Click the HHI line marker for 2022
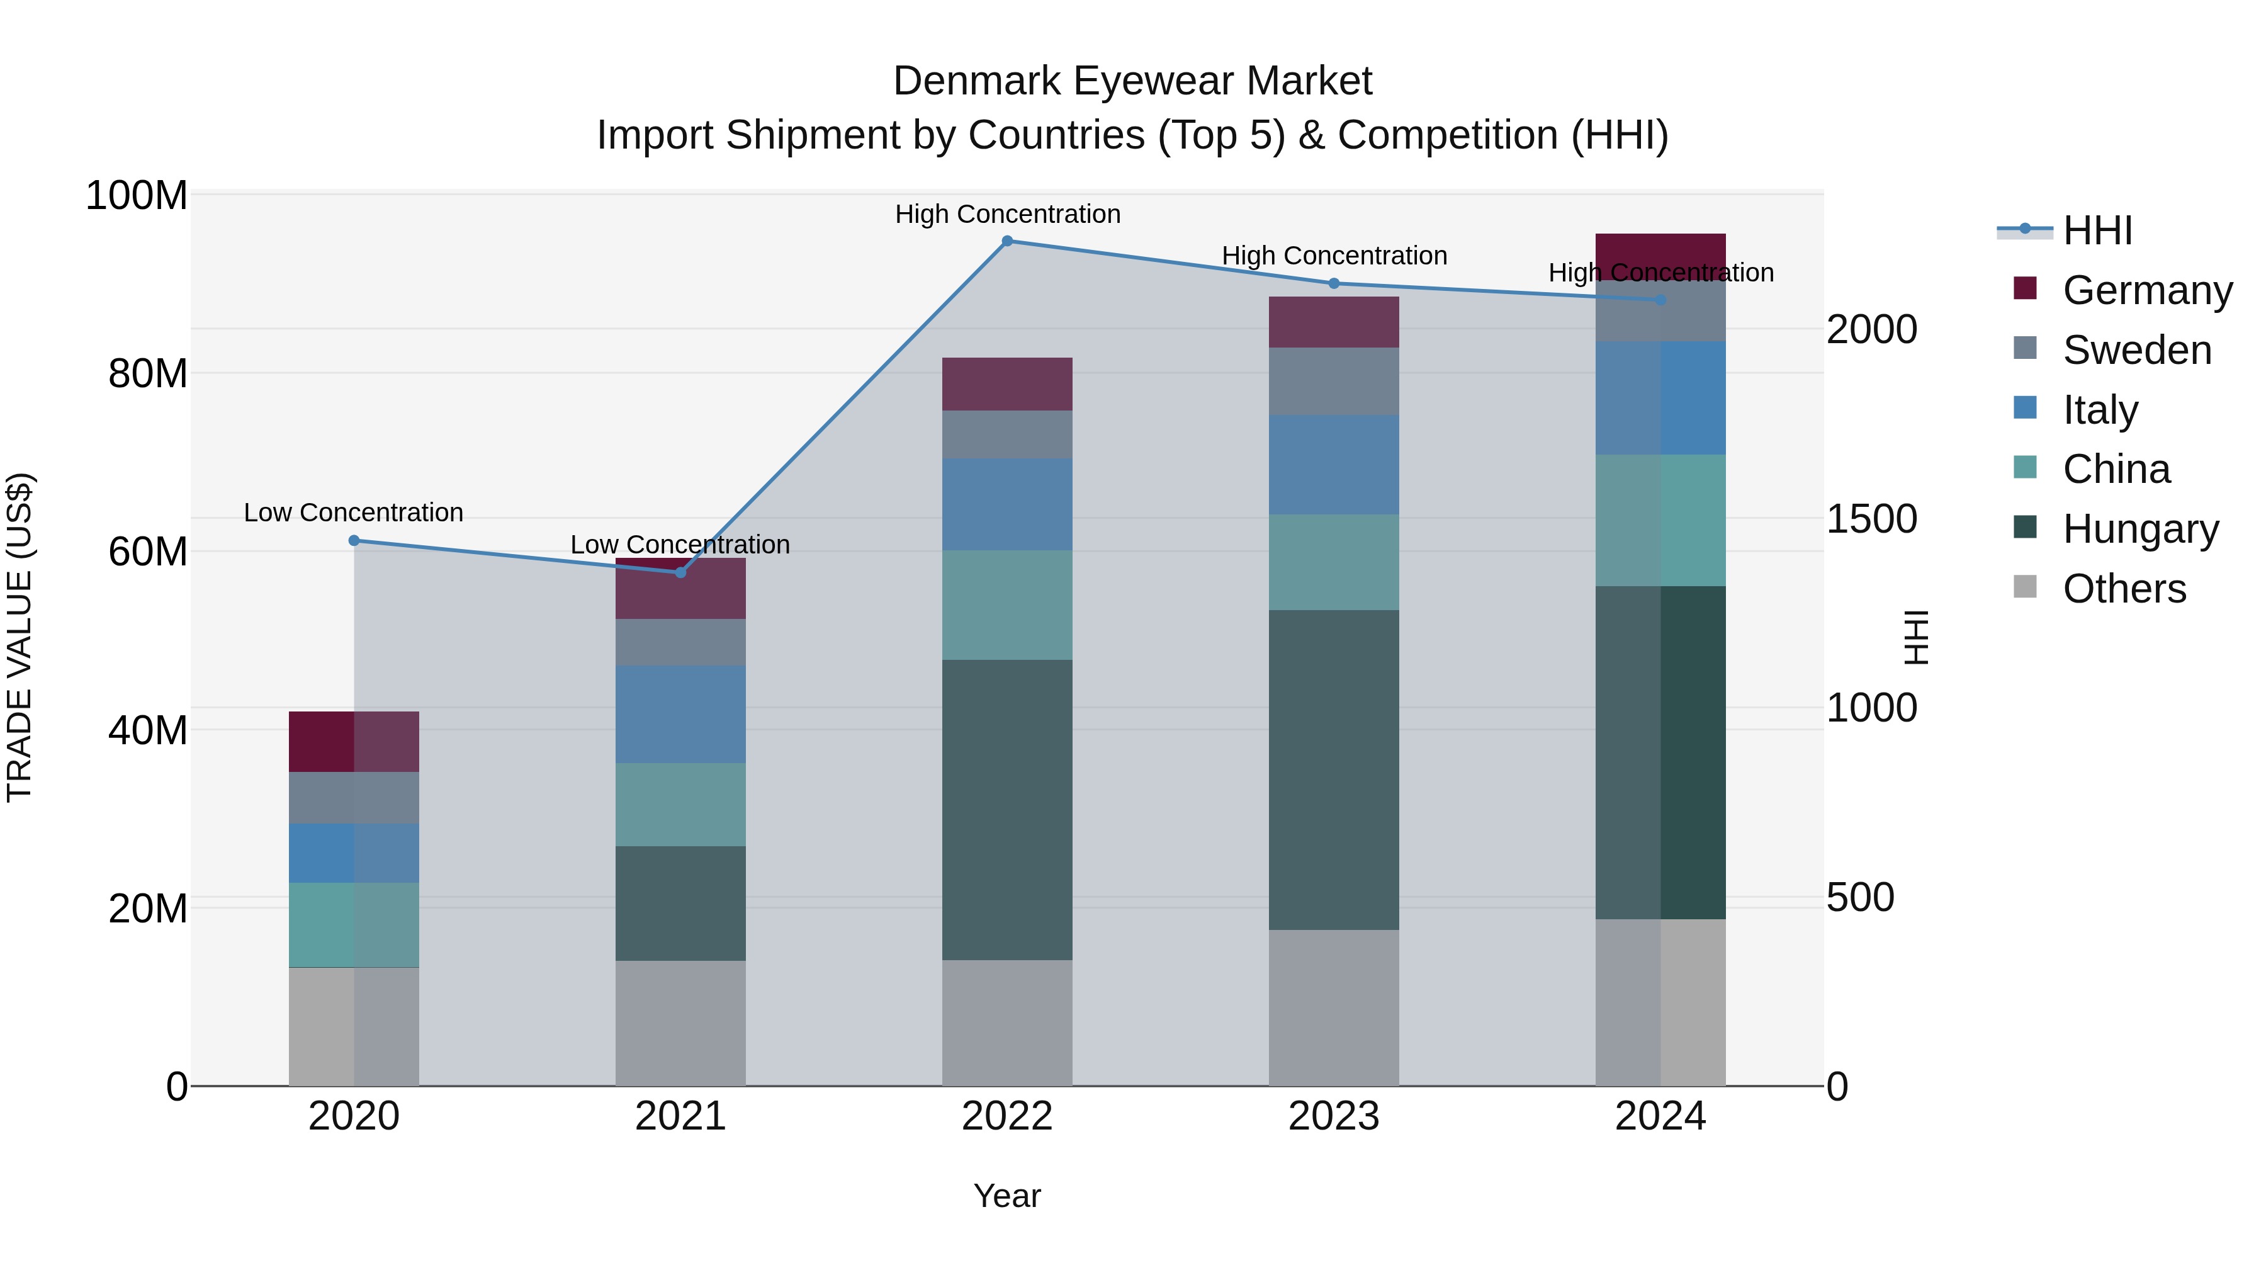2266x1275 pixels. pos(1007,241)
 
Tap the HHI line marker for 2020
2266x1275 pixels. pos(354,540)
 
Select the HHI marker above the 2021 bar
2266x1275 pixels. pos(680,573)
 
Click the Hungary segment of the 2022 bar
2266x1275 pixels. pos(1007,810)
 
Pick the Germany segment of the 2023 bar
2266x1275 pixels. pos(1334,322)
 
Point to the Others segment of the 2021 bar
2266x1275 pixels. pos(680,1023)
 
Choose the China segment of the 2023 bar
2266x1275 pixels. pos(1334,562)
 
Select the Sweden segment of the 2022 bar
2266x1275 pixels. pos(1007,434)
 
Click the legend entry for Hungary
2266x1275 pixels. pos(2139,529)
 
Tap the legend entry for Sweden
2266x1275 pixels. pos(2136,350)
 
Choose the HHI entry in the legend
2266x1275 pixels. pos(2096,230)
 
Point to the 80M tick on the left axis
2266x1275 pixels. pos(148,374)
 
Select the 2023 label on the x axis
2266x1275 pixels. pos(1334,1116)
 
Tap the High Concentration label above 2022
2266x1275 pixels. pos(1007,214)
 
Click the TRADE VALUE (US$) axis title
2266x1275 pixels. pos(20,637)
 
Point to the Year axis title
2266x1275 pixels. pos(1007,1196)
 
